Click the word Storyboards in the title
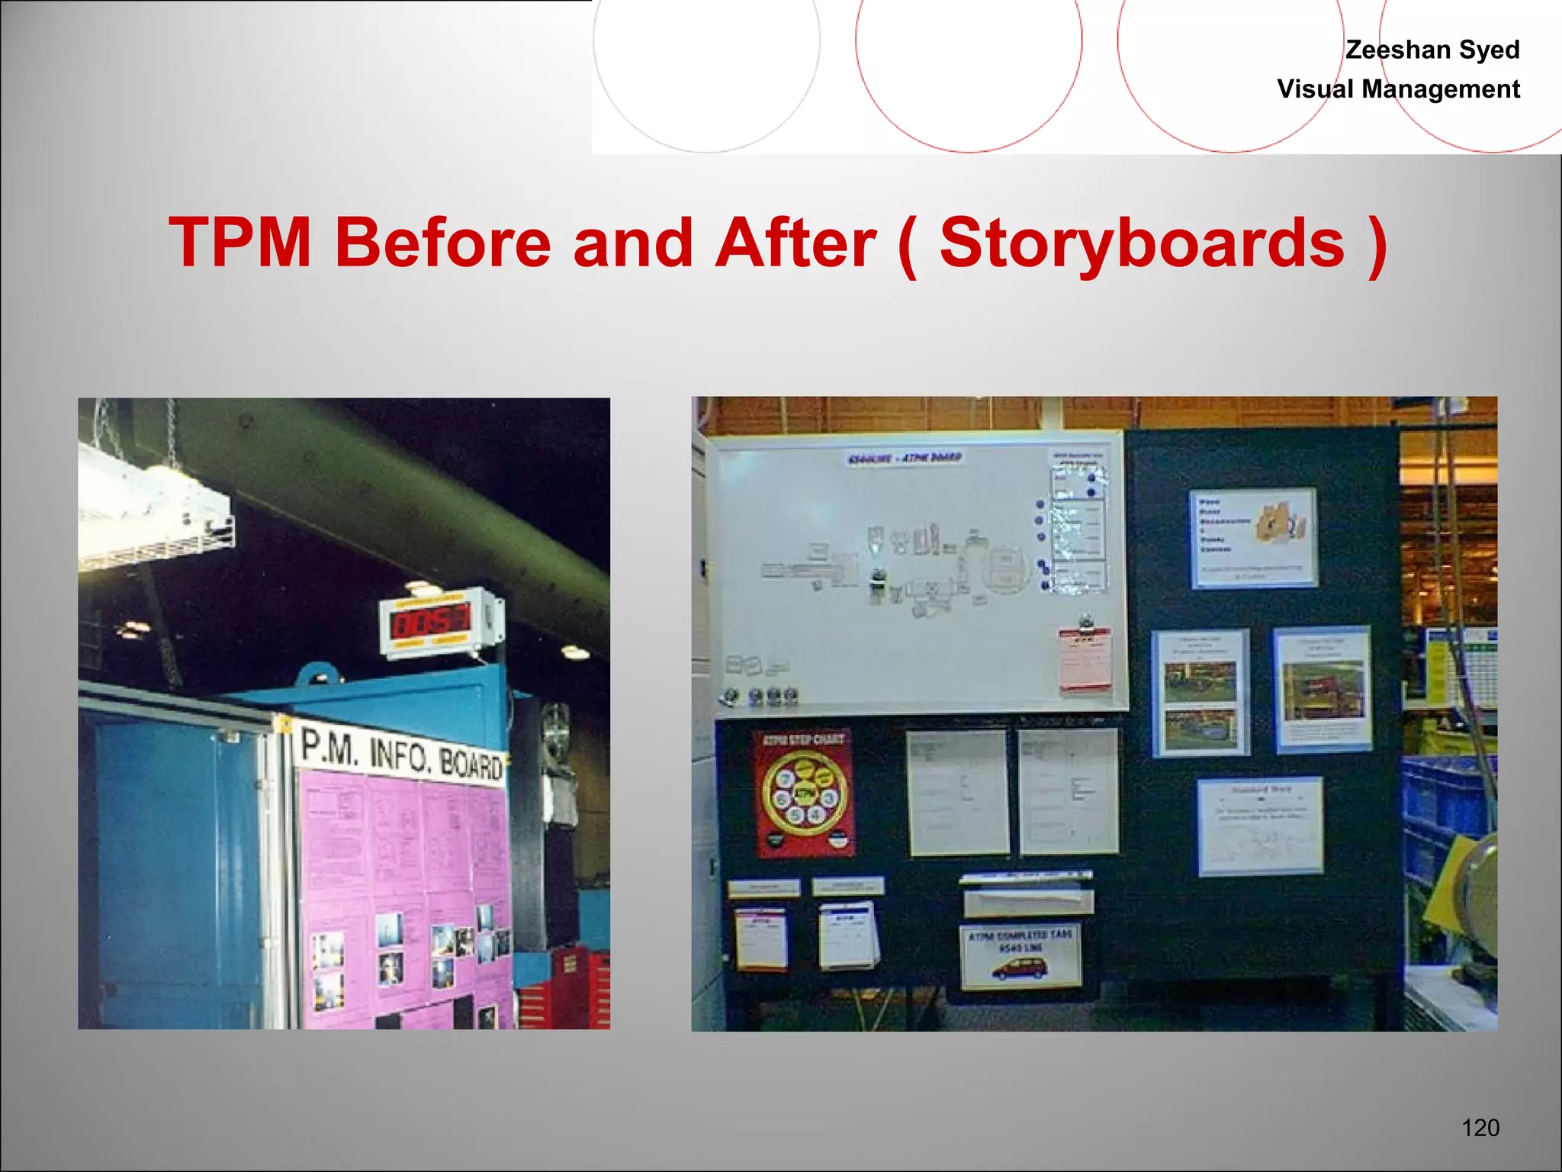pos(1142,243)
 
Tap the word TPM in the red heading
pos(240,243)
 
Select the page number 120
pos(1480,1127)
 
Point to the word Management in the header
pos(1441,89)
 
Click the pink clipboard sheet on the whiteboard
pos(1085,661)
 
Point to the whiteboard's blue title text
pos(905,459)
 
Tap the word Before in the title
pos(442,243)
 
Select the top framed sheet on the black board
pos(1252,539)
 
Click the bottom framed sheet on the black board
pos(1260,826)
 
